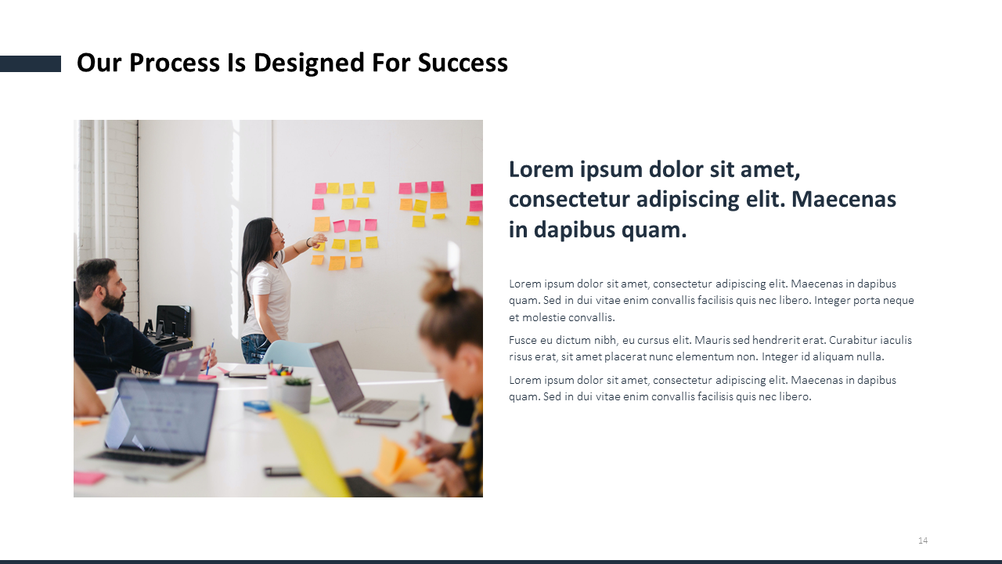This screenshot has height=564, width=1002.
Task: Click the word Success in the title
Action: click(463, 63)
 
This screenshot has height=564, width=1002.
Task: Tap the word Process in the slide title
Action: click(175, 63)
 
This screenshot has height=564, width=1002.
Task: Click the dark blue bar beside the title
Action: click(31, 63)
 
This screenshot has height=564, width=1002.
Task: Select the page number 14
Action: click(923, 540)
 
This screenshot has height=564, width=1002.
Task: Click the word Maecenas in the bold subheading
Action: click(844, 199)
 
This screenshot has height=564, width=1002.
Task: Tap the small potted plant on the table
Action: click(296, 393)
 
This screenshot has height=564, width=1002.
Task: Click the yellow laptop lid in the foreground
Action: click(311, 447)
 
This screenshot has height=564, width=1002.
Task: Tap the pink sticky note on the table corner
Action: click(88, 478)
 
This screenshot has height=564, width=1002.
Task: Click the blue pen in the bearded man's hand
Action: click(210, 356)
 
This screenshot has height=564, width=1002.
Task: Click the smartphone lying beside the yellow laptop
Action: click(282, 471)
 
